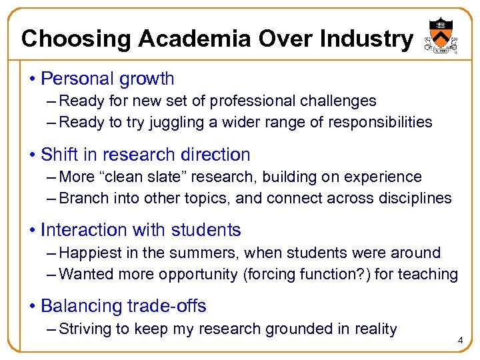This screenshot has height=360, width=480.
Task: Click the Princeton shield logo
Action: click(439, 37)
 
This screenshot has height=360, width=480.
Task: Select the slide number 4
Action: click(460, 341)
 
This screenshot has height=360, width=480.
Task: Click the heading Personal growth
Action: click(107, 79)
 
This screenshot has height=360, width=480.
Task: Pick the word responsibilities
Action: click(377, 123)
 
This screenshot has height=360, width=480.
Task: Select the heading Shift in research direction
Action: click(145, 155)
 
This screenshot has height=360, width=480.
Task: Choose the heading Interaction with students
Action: click(141, 231)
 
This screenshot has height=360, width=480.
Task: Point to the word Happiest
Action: click(91, 253)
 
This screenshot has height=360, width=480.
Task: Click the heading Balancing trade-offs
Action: click(123, 307)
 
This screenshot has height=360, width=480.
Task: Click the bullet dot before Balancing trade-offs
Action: click(33, 307)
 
